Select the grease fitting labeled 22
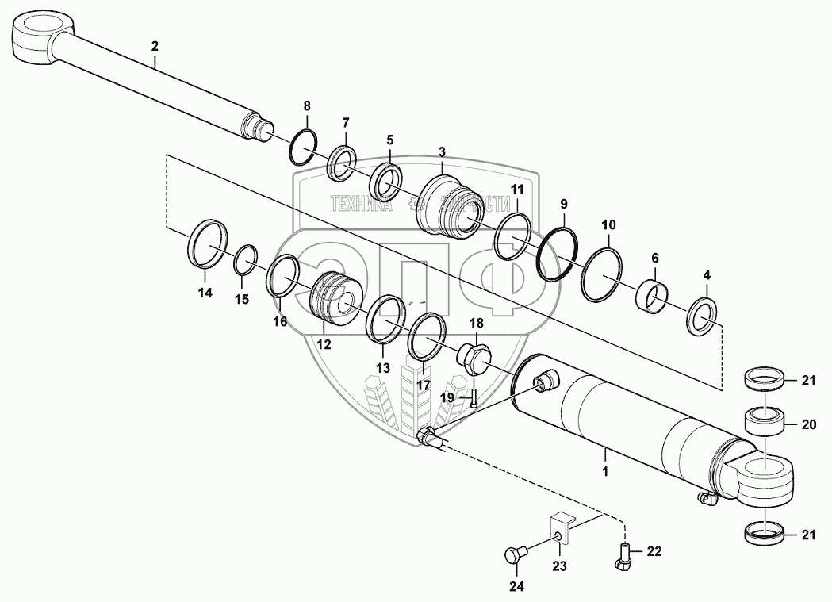pyautogui.click(x=623, y=557)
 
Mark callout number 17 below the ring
pyautogui.click(x=424, y=385)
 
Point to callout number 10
pyautogui.click(x=608, y=225)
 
